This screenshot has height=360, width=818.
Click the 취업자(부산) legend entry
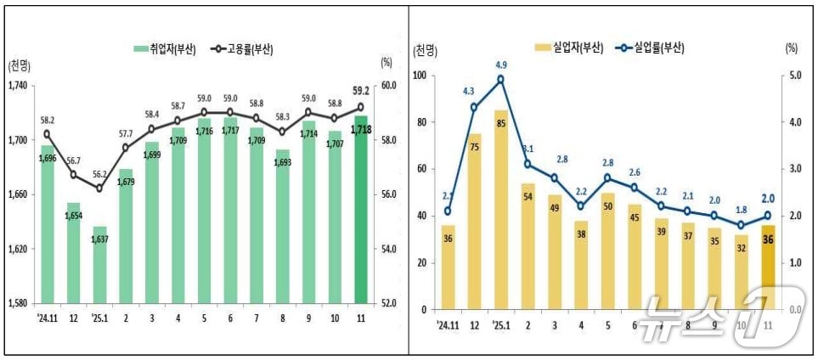[166, 49]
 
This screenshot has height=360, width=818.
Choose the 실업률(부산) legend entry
[650, 48]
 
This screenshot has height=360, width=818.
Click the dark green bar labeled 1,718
[361, 212]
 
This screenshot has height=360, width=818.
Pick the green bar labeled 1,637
[99, 267]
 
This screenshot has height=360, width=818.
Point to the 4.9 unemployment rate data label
[500, 65]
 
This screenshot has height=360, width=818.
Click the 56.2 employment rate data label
[100, 174]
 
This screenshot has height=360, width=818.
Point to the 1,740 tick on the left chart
[18, 86]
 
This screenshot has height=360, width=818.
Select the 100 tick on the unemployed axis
[420, 76]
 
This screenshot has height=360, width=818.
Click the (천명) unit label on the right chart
[425, 51]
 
